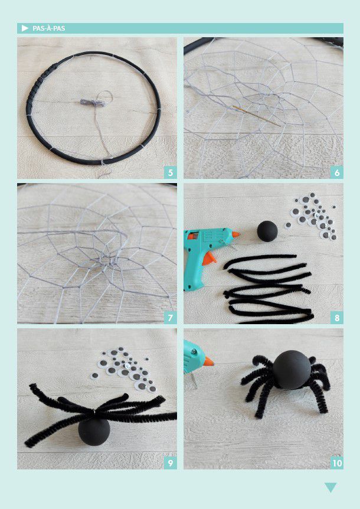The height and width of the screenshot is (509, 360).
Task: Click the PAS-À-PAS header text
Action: click(x=48, y=28)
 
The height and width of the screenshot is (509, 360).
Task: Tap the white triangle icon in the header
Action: click(x=25, y=28)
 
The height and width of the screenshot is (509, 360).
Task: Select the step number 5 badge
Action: click(x=171, y=172)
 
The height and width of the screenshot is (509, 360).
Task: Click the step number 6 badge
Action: click(x=337, y=172)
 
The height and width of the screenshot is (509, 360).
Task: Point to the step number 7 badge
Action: click(x=171, y=318)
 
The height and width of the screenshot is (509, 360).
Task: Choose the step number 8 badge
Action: click(x=337, y=318)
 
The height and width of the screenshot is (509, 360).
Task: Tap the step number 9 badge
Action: click(x=171, y=463)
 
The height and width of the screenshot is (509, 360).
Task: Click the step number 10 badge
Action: click(x=337, y=463)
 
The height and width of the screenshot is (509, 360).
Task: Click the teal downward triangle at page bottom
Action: click(x=330, y=487)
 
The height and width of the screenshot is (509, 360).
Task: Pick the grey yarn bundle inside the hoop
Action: click(x=93, y=103)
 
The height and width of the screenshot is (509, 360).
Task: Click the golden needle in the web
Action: click(x=256, y=116)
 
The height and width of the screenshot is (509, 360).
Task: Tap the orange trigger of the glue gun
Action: click(x=208, y=259)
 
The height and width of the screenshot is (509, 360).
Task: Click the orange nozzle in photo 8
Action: click(x=236, y=234)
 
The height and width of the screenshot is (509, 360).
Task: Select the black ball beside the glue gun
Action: click(x=267, y=231)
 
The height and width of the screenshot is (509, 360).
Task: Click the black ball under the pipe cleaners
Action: click(x=94, y=432)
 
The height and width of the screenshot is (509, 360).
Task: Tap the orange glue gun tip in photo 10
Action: click(x=208, y=361)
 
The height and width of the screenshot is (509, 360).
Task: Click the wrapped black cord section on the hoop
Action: click(x=39, y=84)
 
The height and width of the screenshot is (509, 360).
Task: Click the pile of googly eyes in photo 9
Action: click(x=125, y=369)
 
